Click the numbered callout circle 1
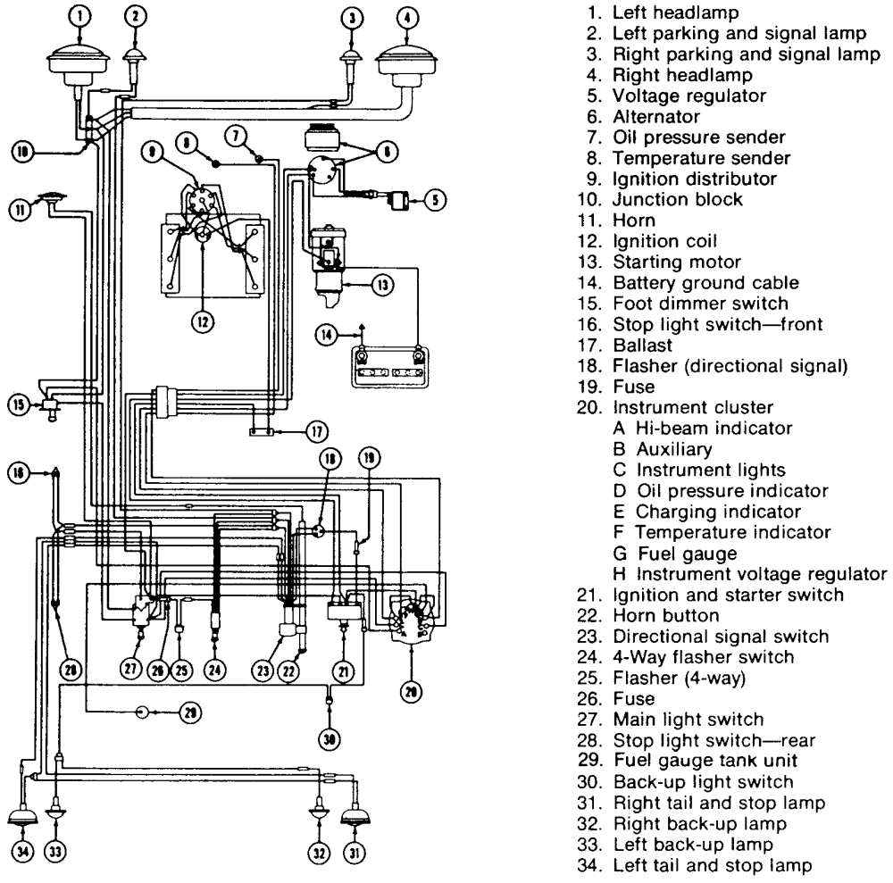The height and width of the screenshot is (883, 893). (x=79, y=15)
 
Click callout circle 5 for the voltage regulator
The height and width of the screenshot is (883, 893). (x=435, y=200)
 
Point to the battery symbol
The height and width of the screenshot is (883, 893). (x=390, y=367)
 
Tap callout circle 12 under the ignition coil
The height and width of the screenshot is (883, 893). (x=203, y=321)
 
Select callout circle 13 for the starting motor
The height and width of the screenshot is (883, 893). (x=383, y=284)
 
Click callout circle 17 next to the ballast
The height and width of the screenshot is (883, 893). (x=317, y=431)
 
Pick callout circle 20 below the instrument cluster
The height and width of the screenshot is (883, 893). (x=411, y=692)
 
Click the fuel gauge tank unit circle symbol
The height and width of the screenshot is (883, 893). (x=142, y=712)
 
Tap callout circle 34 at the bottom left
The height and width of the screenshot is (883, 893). (x=23, y=853)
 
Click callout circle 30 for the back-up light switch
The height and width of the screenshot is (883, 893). (x=330, y=739)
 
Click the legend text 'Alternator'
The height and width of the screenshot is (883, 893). (x=656, y=117)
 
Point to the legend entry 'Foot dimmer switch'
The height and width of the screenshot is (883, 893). (x=700, y=304)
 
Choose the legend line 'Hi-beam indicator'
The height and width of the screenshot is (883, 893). (x=703, y=429)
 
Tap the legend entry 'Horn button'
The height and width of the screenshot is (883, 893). (x=666, y=615)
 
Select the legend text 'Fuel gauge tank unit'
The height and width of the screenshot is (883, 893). (x=705, y=761)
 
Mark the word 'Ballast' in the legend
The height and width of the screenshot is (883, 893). (x=642, y=345)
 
